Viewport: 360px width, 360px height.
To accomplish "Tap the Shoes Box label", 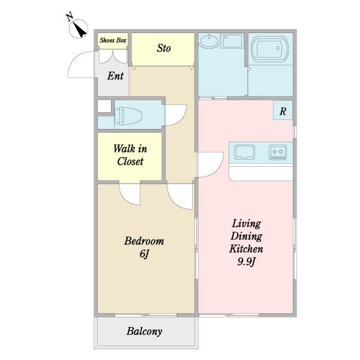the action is tap(113, 40).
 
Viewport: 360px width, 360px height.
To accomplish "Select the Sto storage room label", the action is tap(164, 48).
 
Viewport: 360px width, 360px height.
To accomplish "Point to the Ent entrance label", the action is tap(115, 76).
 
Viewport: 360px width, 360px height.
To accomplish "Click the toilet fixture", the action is tap(128, 116).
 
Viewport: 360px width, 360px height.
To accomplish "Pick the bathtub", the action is tap(270, 49).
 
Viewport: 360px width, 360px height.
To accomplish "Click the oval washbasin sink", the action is tap(209, 41).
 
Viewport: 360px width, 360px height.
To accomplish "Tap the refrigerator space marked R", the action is tap(283, 112).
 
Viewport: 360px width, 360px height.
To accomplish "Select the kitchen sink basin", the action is tap(245, 152).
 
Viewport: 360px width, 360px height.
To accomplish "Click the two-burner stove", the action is tap(278, 152).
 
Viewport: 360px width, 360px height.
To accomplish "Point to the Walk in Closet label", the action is tap(130, 155).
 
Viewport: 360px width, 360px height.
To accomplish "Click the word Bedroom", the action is tap(144, 241).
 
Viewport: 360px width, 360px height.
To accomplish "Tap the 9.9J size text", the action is tap(247, 262).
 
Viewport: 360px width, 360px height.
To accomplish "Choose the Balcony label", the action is tap(145, 331).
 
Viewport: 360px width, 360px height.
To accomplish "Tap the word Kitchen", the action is tap(247, 249).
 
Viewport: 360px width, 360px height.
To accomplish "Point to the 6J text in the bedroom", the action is tap(144, 254).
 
